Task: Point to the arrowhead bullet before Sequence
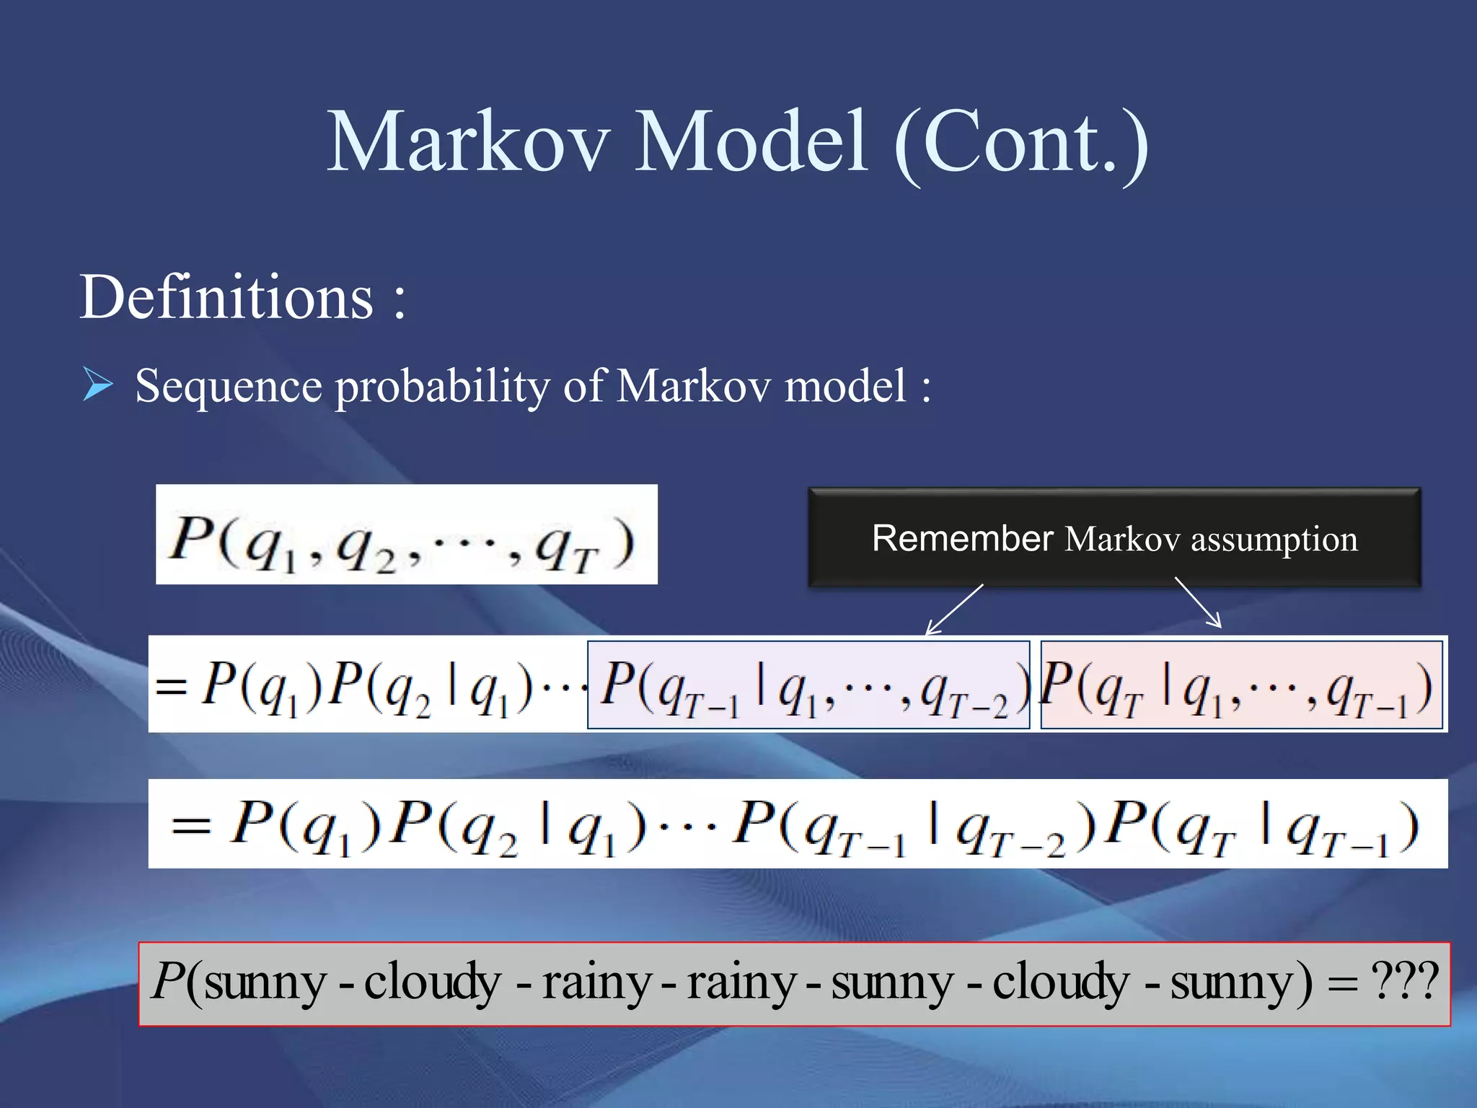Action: point(97,384)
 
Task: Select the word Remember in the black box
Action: point(962,538)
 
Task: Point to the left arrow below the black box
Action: point(953,610)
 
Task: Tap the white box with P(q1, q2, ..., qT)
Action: point(406,535)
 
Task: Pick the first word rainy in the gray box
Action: point(596,982)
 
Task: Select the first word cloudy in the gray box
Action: point(432,982)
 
